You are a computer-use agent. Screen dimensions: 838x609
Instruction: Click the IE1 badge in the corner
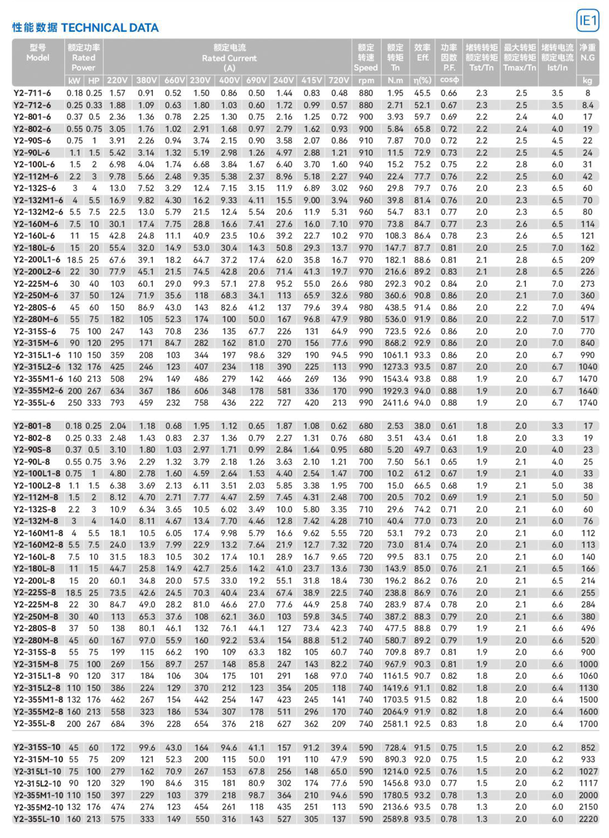coord(587,21)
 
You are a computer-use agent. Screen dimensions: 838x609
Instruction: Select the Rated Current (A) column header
coord(229,58)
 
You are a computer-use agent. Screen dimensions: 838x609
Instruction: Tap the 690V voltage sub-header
coord(256,80)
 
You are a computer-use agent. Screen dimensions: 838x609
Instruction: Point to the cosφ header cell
coord(449,80)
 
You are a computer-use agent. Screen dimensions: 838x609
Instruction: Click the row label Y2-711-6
coord(32,93)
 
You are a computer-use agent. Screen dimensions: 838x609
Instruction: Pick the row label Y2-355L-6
coord(34,403)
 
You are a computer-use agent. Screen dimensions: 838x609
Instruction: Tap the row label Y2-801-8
coord(32,426)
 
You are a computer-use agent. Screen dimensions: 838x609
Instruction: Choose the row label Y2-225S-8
coord(35,593)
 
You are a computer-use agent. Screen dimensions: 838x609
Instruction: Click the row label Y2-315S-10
coord(36,748)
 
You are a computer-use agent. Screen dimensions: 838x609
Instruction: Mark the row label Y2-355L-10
coord(36,819)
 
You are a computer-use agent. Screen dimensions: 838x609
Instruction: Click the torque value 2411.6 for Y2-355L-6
coord(395,403)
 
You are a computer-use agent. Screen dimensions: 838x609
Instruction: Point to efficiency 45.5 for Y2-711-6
coord(422,93)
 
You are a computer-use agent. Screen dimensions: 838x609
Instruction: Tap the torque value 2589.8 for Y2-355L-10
coord(395,819)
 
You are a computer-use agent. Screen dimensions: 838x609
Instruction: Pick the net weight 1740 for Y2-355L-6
coord(587,403)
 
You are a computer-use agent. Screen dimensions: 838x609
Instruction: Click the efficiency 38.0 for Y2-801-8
coord(422,426)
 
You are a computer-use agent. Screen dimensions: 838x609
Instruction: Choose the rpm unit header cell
coord(366,80)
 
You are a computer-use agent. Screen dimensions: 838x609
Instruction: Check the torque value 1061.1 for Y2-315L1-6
coord(395,355)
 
